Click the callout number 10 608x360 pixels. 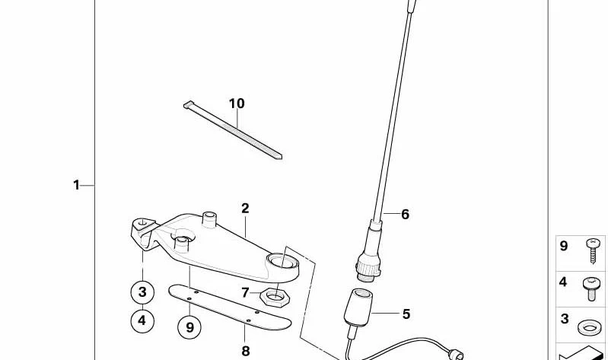point(237,104)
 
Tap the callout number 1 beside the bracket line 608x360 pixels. point(76,185)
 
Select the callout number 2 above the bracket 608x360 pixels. point(245,209)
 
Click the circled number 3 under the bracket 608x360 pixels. point(142,292)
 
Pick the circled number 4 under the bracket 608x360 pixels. point(142,321)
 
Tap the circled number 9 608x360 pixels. point(189,327)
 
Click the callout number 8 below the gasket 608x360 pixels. point(246,351)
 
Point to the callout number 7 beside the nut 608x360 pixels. point(245,292)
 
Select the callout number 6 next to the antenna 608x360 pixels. point(405,214)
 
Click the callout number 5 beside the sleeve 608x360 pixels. point(406,314)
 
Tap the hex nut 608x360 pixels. point(275,298)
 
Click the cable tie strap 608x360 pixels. point(233,130)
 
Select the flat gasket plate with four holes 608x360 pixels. point(230,307)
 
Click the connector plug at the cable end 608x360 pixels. point(456,355)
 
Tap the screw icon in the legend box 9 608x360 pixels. point(593,250)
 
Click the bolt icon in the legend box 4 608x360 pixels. point(591,288)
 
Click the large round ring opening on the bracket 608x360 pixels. point(282,263)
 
